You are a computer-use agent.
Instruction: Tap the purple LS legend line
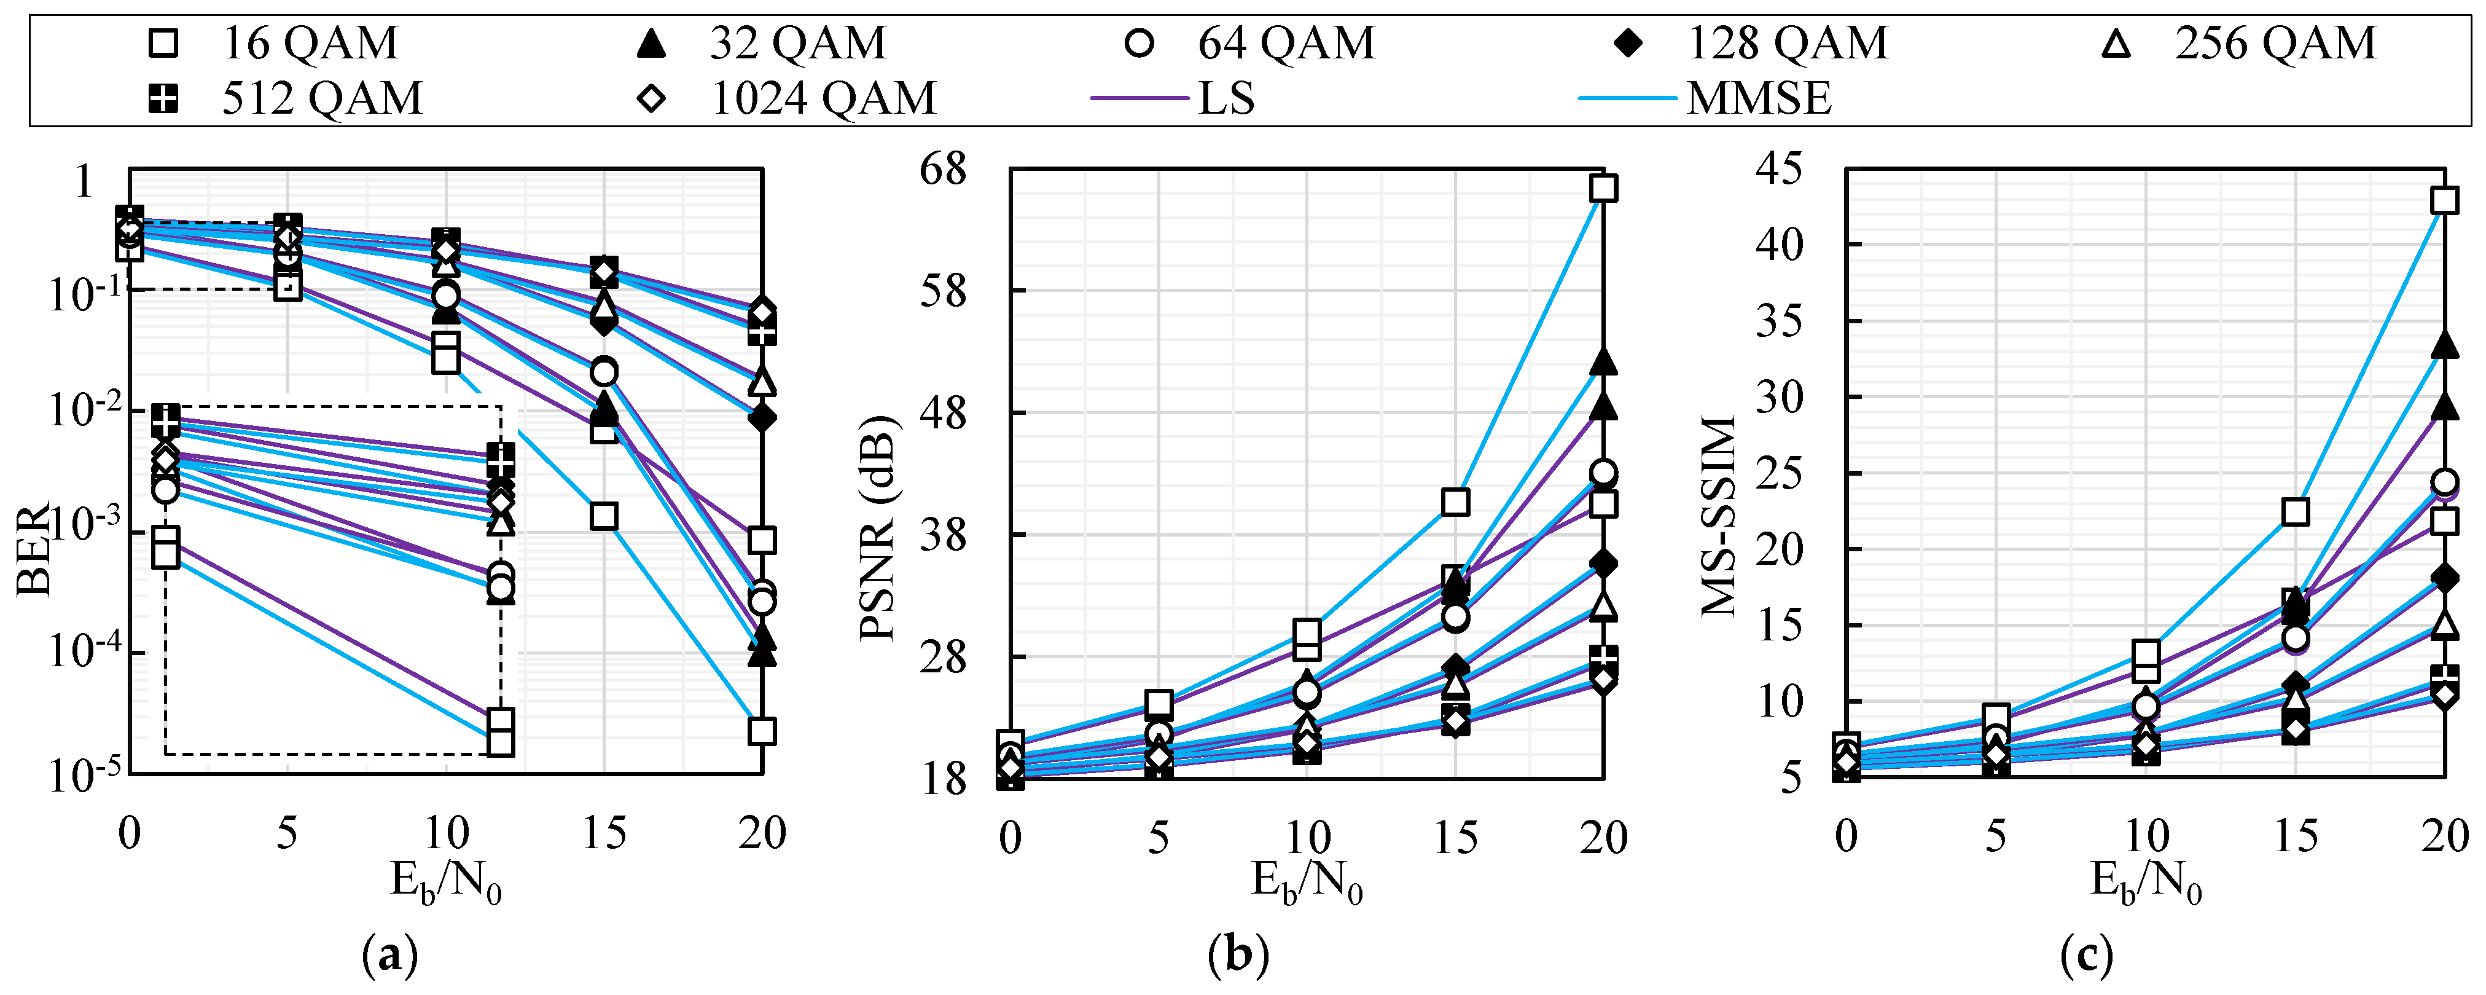pos(1139,98)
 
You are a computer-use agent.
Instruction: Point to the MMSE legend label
pos(1758,98)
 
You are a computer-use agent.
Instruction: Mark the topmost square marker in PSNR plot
pos(1603,188)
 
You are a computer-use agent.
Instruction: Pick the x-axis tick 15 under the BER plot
pos(604,833)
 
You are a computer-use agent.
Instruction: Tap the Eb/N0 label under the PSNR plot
pos(1307,882)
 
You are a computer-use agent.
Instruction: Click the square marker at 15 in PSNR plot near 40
pos(1455,502)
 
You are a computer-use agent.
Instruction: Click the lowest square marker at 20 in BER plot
pos(762,731)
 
